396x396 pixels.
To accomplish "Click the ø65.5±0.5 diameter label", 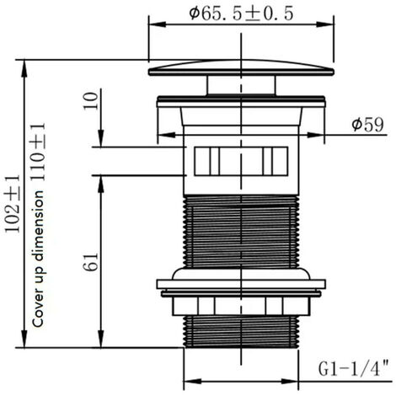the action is point(241,13).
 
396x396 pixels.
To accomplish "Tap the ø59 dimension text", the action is point(367,125).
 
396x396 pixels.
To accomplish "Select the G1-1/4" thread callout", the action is point(353,368).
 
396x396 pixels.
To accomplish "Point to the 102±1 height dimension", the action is point(13,204).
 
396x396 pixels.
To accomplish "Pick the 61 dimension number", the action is point(91,262).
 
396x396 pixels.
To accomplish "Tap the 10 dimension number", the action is point(91,101).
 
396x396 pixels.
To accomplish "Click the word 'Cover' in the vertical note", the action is point(38,311).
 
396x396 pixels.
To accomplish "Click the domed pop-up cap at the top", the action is point(241,68).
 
